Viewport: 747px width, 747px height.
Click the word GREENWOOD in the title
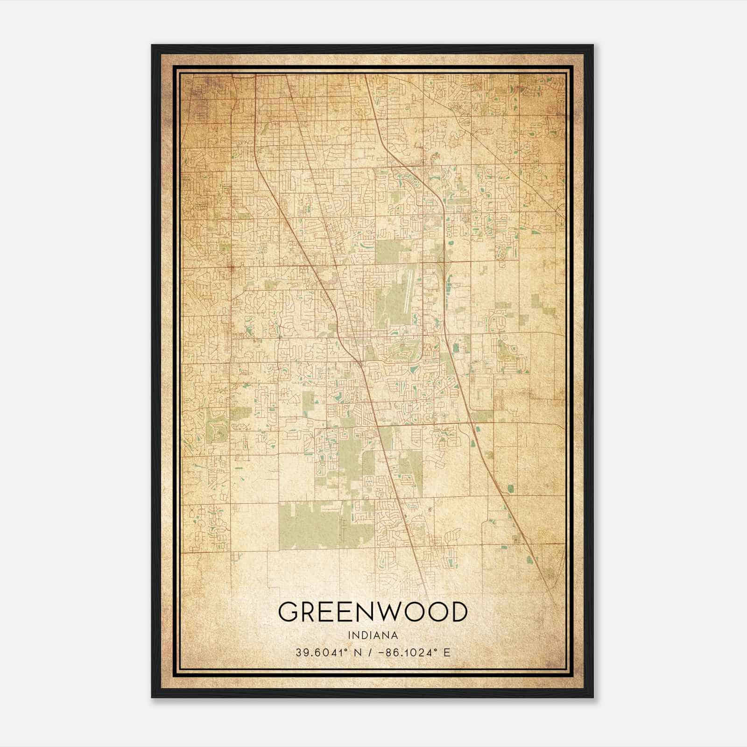coord(373,612)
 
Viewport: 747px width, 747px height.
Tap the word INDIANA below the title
coord(373,635)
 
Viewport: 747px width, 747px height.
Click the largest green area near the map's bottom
coord(308,525)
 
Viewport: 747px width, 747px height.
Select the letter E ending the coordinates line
coord(447,653)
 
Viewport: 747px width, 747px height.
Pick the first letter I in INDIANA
coord(349,635)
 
